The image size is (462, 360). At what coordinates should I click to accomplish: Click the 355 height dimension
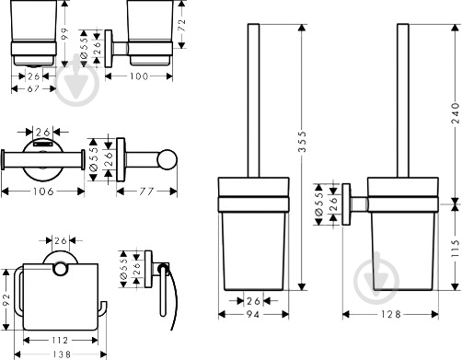click(x=302, y=142)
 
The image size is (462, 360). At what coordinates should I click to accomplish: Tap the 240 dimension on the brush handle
click(x=456, y=113)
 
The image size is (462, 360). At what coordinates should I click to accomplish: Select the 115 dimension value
click(x=456, y=249)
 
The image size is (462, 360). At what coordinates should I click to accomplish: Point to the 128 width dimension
click(x=391, y=314)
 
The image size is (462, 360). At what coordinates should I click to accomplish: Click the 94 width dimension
click(x=253, y=314)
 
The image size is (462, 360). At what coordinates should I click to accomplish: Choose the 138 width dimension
click(x=60, y=354)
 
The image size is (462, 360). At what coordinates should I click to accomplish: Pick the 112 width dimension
click(x=60, y=340)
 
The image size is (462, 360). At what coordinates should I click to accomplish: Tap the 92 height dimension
click(x=6, y=300)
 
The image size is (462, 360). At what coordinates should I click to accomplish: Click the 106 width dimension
click(x=43, y=192)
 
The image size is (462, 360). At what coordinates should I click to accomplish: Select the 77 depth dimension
click(x=146, y=192)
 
